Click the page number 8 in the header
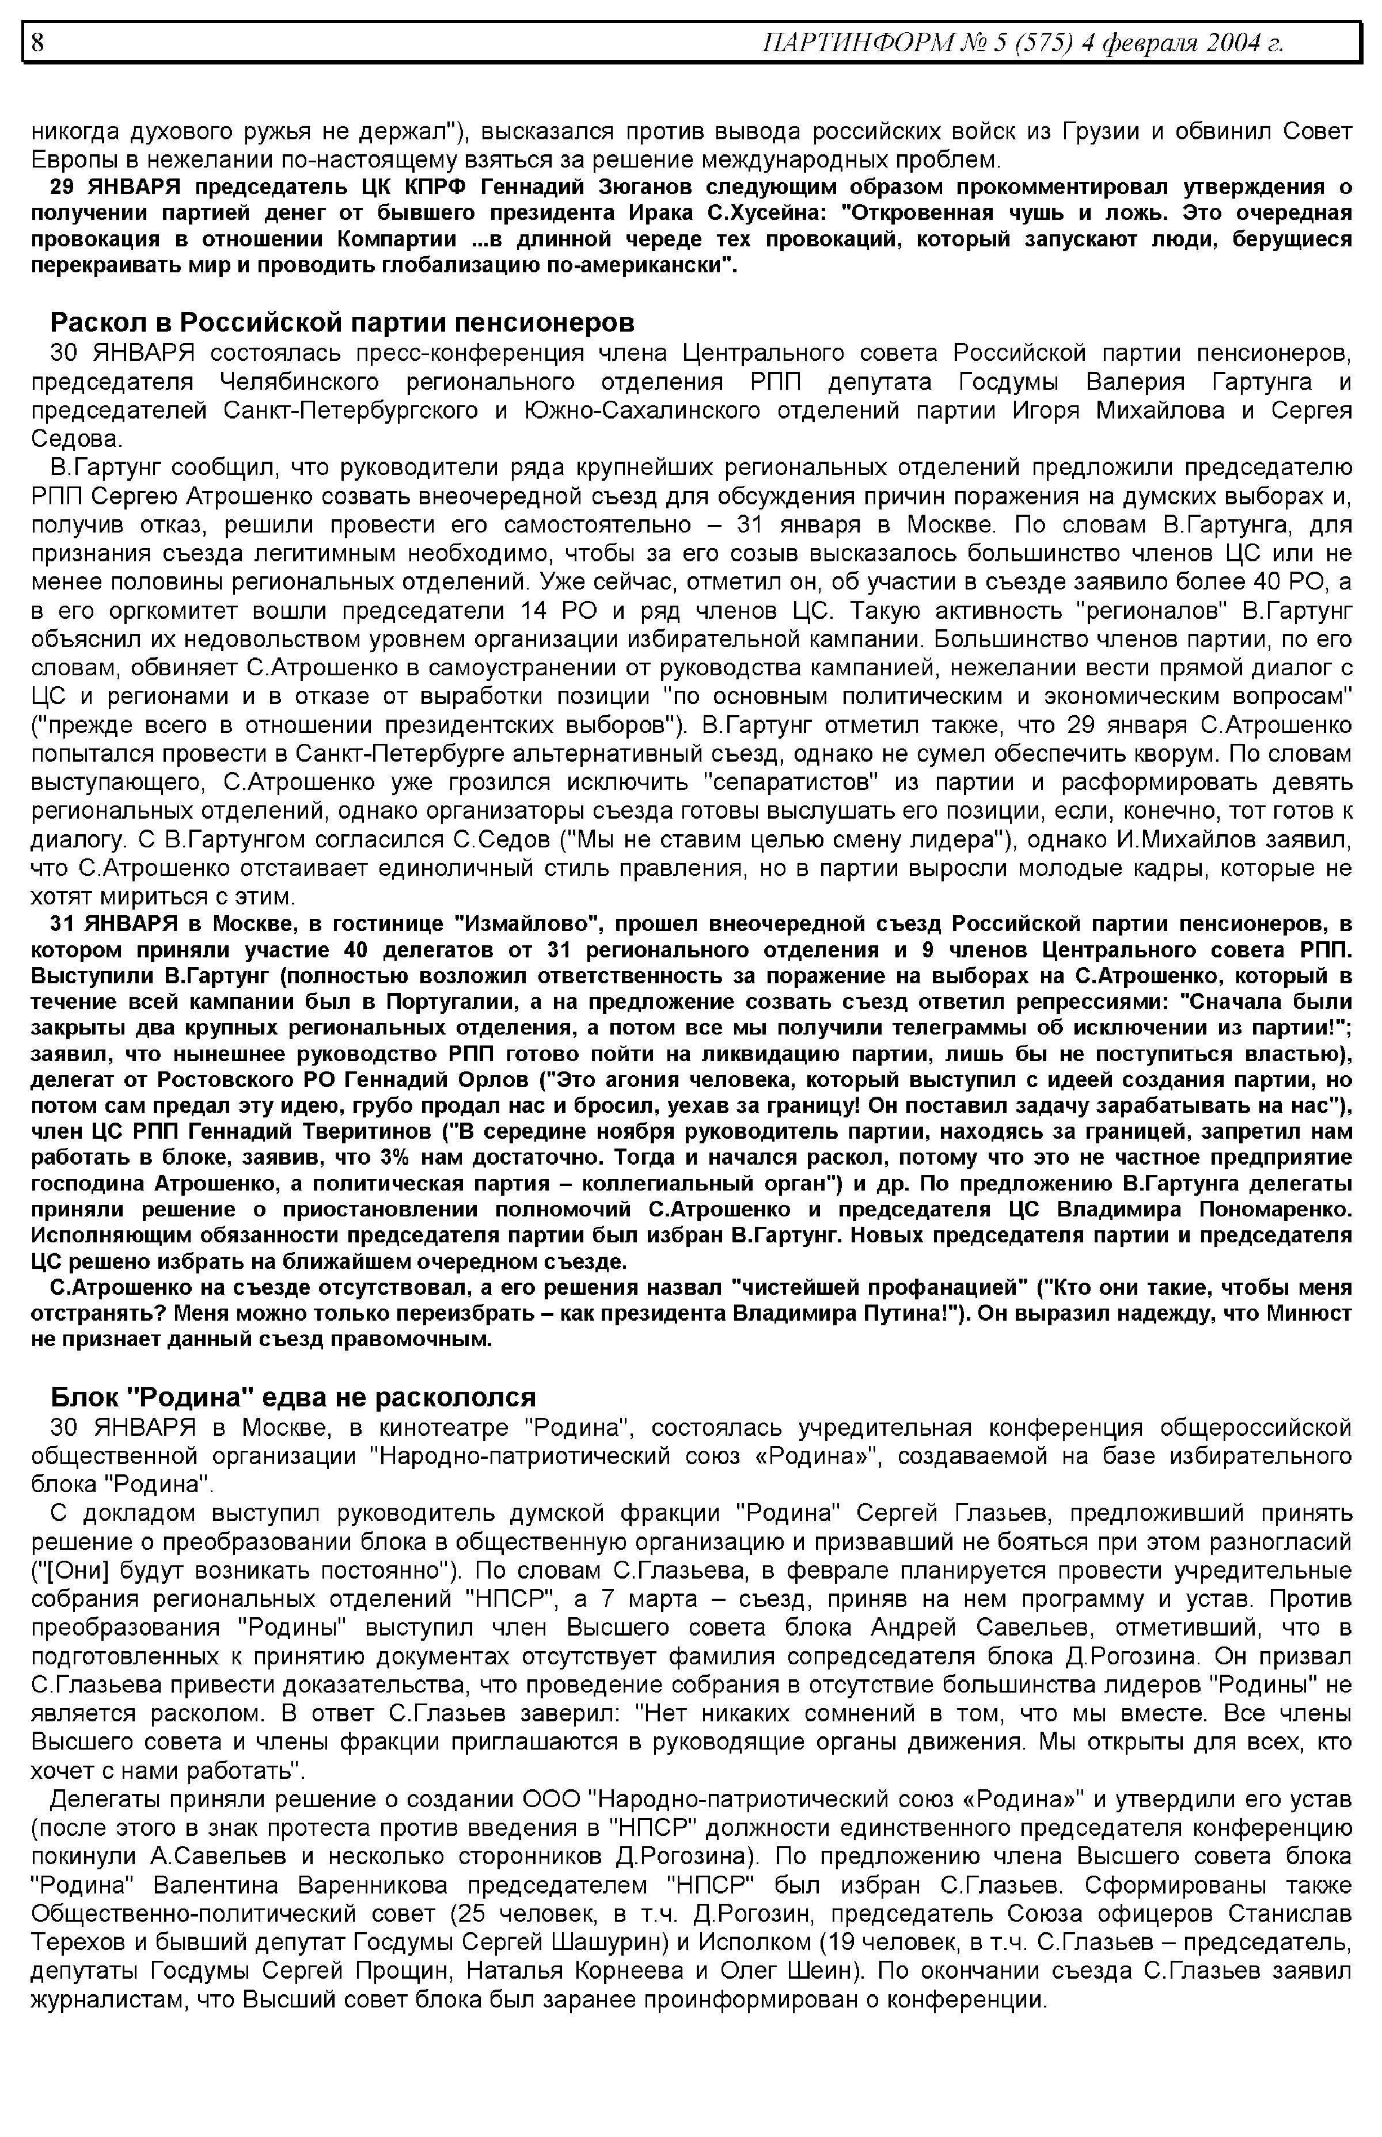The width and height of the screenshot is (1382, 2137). tap(37, 43)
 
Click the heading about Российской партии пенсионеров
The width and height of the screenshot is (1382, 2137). tap(342, 321)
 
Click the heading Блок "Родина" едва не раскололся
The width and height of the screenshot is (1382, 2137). tap(293, 1397)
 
